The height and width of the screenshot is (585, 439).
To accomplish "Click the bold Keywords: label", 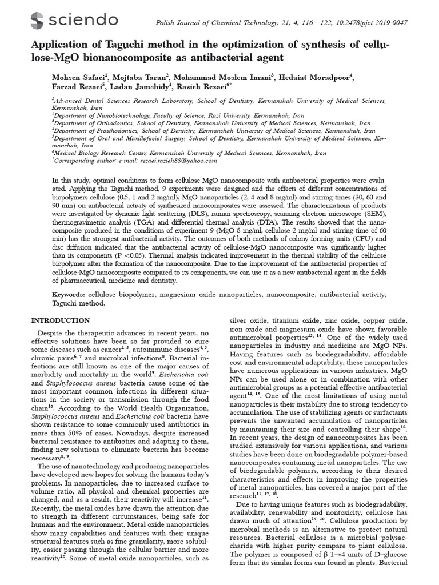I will point(68,295).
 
